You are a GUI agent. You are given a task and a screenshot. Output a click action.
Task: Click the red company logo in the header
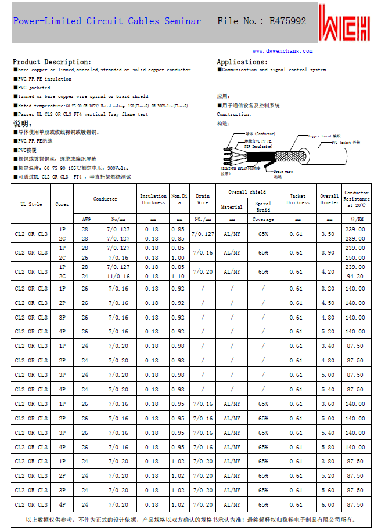tap(347, 23)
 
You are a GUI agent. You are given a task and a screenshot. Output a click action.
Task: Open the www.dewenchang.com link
tap(282, 51)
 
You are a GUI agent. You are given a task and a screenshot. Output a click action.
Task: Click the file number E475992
tap(287, 21)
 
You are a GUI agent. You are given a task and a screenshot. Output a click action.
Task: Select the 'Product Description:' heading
tap(52, 62)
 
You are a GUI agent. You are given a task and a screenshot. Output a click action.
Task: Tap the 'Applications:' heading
tap(242, 62)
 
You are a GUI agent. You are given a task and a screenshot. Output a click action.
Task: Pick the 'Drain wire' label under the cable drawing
tap(282, 173)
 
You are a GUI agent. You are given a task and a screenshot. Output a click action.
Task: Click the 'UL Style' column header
tap(31, 204)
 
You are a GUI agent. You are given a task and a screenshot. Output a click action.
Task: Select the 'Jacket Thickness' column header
tap(297, 199)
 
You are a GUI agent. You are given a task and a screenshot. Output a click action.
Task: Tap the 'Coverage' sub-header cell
tap(263, 220)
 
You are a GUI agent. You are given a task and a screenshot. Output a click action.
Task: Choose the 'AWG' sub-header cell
tap(86, 220)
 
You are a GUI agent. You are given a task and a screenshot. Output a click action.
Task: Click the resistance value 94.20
tap(355, 277)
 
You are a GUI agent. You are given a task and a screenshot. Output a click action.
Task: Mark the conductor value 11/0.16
tap(118, 277)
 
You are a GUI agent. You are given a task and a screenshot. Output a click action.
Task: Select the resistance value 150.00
tap(355, 257)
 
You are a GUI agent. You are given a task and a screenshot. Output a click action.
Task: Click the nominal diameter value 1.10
tap(178, 277)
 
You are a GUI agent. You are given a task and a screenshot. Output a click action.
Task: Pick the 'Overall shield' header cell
tap(246, 192)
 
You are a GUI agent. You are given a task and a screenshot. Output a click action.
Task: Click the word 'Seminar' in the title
tap(182, 21)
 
